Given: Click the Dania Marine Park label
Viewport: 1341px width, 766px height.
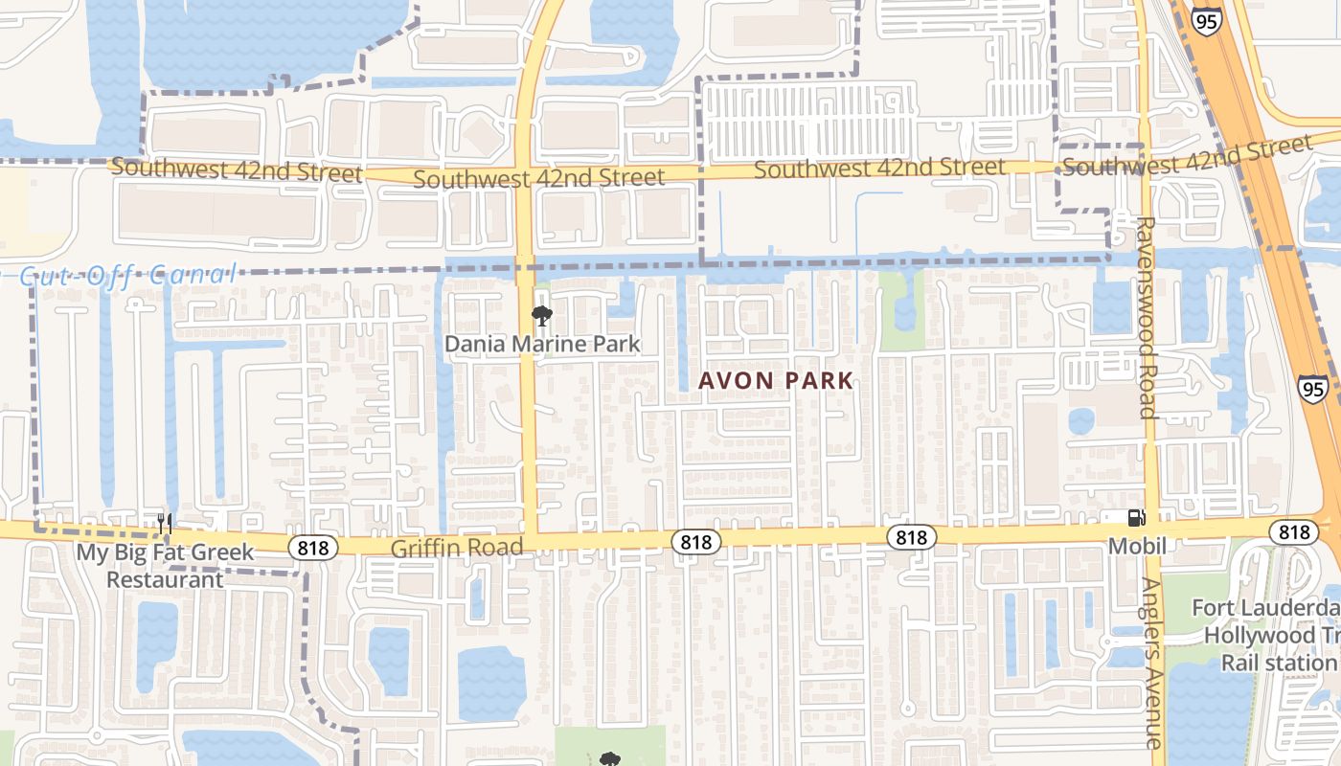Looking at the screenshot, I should [542, 343].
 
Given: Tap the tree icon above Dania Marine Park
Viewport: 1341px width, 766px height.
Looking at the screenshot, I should [541, 316].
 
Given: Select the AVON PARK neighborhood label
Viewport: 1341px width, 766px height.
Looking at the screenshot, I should [775, 380].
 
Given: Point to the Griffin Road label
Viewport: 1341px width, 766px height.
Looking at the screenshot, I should [457, 548].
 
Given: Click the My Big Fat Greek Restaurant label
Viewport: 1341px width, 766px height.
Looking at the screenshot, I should [165, 566].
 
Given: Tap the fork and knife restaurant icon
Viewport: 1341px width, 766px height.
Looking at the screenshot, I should [165, 523].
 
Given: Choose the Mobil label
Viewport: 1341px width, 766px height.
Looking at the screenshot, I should [1137, 546].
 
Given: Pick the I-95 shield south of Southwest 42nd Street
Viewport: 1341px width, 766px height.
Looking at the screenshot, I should [1313, 388].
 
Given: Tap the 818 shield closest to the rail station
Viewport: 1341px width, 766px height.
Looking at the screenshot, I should [1294, 532].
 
